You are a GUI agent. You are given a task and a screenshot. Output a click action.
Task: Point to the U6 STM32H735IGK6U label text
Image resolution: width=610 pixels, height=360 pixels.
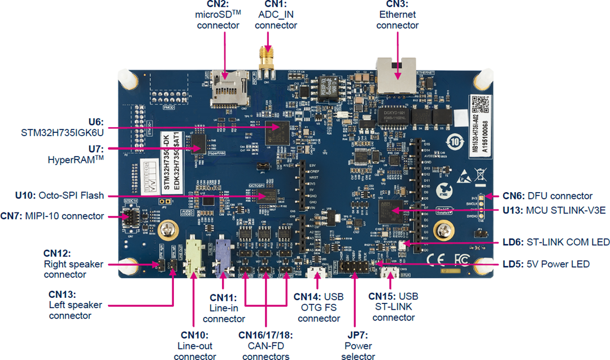tap(63, 127)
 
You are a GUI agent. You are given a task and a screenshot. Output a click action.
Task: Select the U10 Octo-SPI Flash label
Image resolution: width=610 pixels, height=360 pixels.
tap(60, 196)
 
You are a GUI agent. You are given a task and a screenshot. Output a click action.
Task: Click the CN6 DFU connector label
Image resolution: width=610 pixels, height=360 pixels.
tap(547, 196)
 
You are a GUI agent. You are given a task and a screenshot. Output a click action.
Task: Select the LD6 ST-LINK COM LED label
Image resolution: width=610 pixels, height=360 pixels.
tap(555, 242)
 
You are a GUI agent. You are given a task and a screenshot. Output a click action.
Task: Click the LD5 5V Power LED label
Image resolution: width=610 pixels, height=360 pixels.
tap(546, 264)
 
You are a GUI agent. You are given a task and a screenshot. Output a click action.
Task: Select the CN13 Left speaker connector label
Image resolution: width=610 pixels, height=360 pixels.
tap(75, 305)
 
